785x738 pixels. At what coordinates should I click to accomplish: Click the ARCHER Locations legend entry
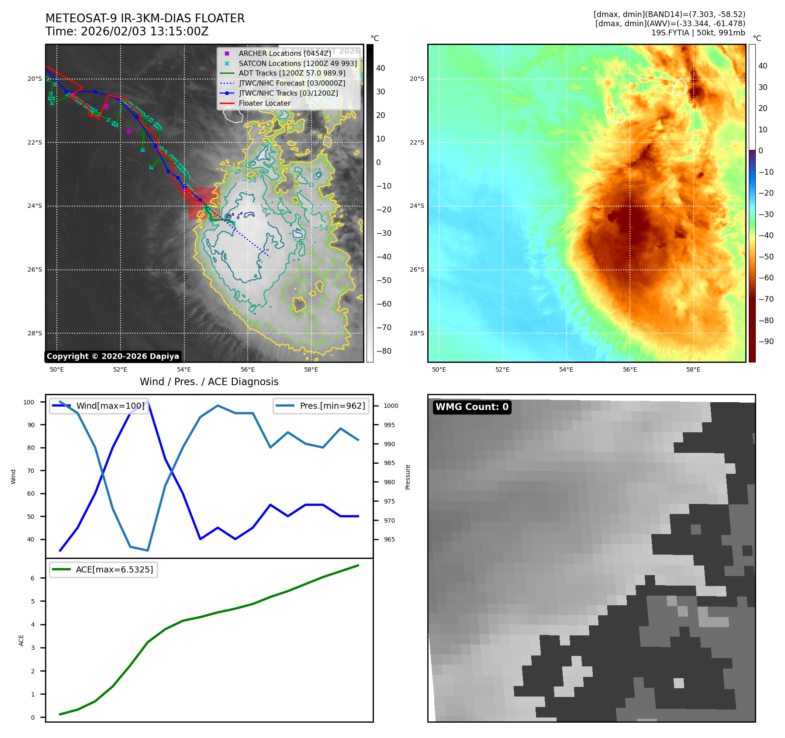(284, 53)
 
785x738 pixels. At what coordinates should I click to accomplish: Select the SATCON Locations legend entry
(297, 63)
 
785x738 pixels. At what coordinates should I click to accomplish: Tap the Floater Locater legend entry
(264, 103)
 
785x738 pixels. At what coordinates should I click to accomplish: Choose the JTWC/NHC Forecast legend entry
(292, 83)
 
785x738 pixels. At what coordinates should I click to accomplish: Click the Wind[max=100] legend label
(110, 406)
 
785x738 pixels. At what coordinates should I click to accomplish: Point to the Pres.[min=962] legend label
(332, 406)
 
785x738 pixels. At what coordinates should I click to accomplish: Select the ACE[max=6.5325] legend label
(114, 569)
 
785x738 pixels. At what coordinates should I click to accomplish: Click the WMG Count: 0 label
(472, 407)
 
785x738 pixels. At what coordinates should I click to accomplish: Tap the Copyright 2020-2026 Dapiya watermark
(113, 356)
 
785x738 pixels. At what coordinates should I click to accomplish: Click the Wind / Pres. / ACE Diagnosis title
(209, 382)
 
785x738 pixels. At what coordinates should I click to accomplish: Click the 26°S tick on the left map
(35, 270)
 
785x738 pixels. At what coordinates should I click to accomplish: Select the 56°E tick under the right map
(629, 370)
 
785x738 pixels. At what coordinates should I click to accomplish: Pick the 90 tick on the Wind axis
(31, 425)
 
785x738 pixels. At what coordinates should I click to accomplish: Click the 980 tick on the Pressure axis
(389, 482)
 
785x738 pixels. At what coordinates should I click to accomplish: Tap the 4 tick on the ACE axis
(33, 624)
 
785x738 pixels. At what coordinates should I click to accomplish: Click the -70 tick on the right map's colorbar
(766, 299)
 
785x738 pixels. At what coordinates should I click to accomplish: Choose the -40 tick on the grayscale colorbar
(384, 257)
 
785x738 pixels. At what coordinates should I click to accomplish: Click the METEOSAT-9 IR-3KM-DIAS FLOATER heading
(145, 18)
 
